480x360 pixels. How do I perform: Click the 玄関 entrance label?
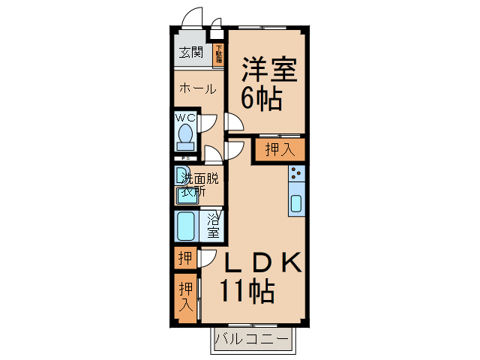click(x=191, y=52)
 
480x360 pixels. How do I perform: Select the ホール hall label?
click(x=196, y=88)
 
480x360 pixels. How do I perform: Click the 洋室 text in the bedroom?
click(x=268, y=72)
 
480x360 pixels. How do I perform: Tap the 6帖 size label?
click(x=261, y=98)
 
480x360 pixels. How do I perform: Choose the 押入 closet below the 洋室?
click(x=280, y=150)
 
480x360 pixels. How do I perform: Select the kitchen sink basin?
click(x=296, y=203)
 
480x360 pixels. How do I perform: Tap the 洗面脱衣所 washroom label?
click(x=196, y=184)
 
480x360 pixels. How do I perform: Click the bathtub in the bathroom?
click(x=186, y=224)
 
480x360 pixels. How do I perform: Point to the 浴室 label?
click(x=213, y=225)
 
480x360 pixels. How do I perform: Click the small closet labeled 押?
click(x=184, y=259)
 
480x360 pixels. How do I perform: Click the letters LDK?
click(x=263, y=262)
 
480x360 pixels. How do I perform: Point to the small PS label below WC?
click(x=184, y=158)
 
